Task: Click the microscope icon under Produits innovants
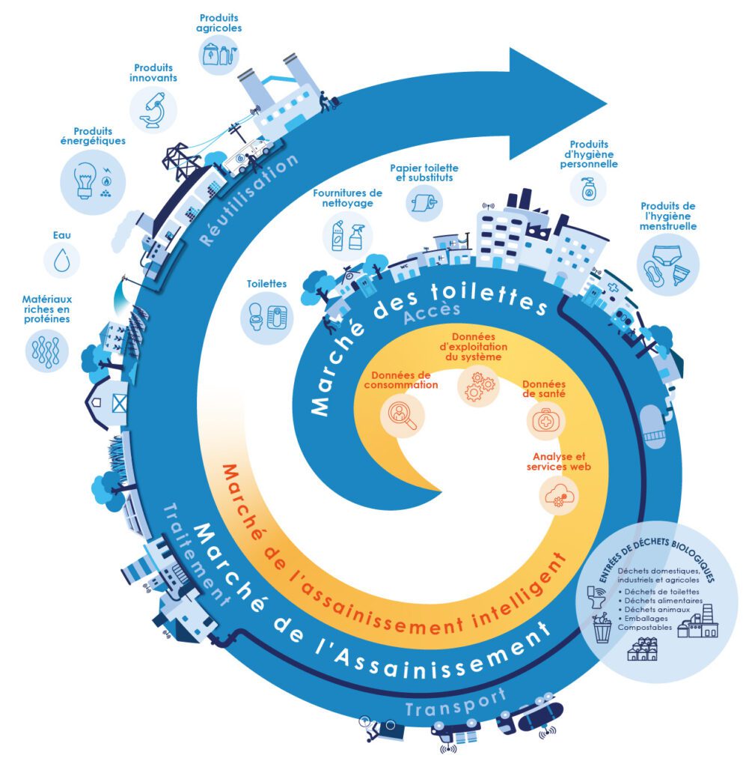[153, 109]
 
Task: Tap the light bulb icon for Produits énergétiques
[85, 181]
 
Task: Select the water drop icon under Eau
[61, 260]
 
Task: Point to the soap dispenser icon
[589, 188]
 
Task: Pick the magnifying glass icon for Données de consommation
[402, 415]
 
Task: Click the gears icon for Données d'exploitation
[478, 386]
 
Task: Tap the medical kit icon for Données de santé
[545, 421]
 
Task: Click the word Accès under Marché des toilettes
[432, 312]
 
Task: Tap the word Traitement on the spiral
[195, 555]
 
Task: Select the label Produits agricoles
[219, 23]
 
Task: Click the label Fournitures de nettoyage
[347, 198]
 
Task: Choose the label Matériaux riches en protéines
[47, 309]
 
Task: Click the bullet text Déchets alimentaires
[663, 600]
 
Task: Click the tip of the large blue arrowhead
[607, 103]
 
